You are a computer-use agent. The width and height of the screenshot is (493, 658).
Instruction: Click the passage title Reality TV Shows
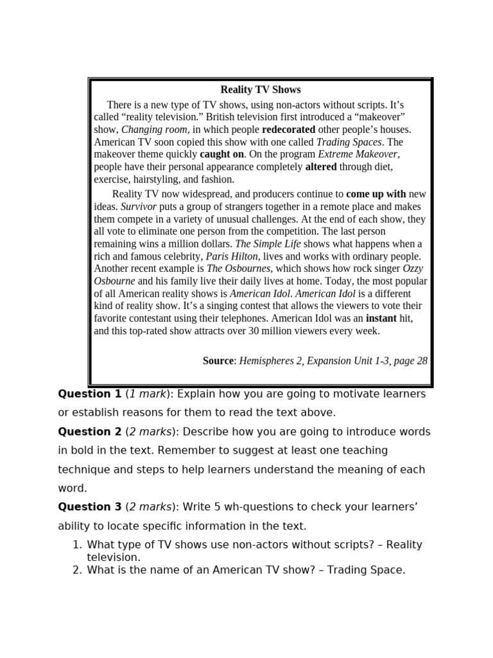tap(261, 90)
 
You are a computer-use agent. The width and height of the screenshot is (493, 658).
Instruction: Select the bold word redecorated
tap(288, 129)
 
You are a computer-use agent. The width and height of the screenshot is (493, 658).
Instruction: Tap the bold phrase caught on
tap(221, 154)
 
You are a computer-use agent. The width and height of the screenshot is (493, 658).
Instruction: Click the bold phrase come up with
tap(376, 194)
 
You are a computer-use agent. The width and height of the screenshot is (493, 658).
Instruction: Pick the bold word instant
tap(382, 318)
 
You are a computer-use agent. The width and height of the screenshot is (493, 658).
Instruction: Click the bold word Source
tap(218, 361)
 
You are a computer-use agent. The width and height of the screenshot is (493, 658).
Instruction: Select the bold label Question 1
tap(89, 394)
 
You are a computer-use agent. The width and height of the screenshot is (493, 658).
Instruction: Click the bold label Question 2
tap(89, 432)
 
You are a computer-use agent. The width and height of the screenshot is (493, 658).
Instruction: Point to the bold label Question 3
tap(89, 507)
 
